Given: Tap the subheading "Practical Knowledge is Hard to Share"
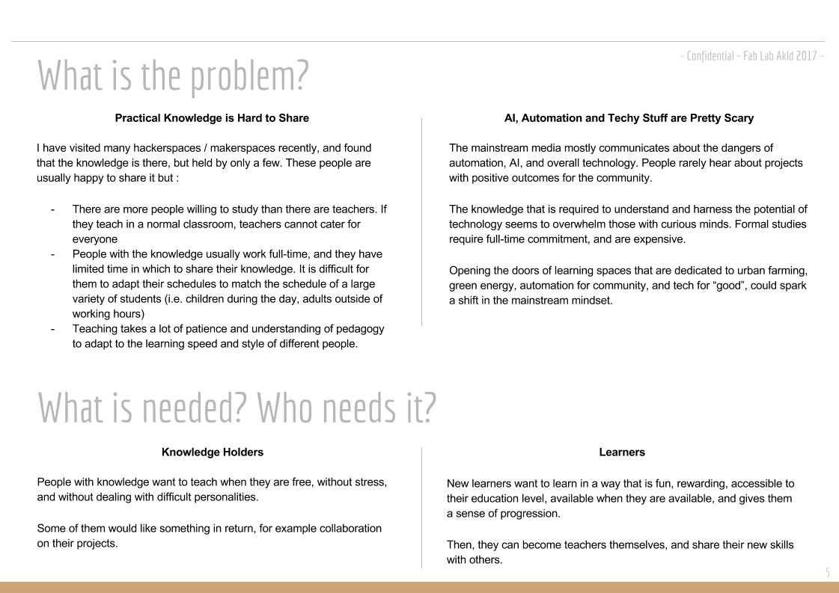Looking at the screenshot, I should [212, 118].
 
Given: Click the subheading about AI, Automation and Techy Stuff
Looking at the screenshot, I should [629, 118].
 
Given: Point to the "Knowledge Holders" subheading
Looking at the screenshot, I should [213, 452].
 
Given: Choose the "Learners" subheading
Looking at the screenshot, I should [622, 452].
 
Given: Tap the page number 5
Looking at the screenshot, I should [828, 573].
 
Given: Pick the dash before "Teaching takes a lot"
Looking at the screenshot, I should [52, 329].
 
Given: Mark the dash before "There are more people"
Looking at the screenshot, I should [52, 209].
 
